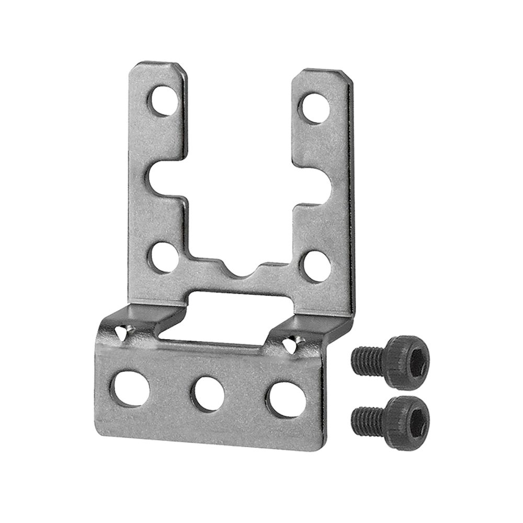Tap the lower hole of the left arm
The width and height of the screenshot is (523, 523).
(x=160, y=256)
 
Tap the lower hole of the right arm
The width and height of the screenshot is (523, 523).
(x=317, y=265)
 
